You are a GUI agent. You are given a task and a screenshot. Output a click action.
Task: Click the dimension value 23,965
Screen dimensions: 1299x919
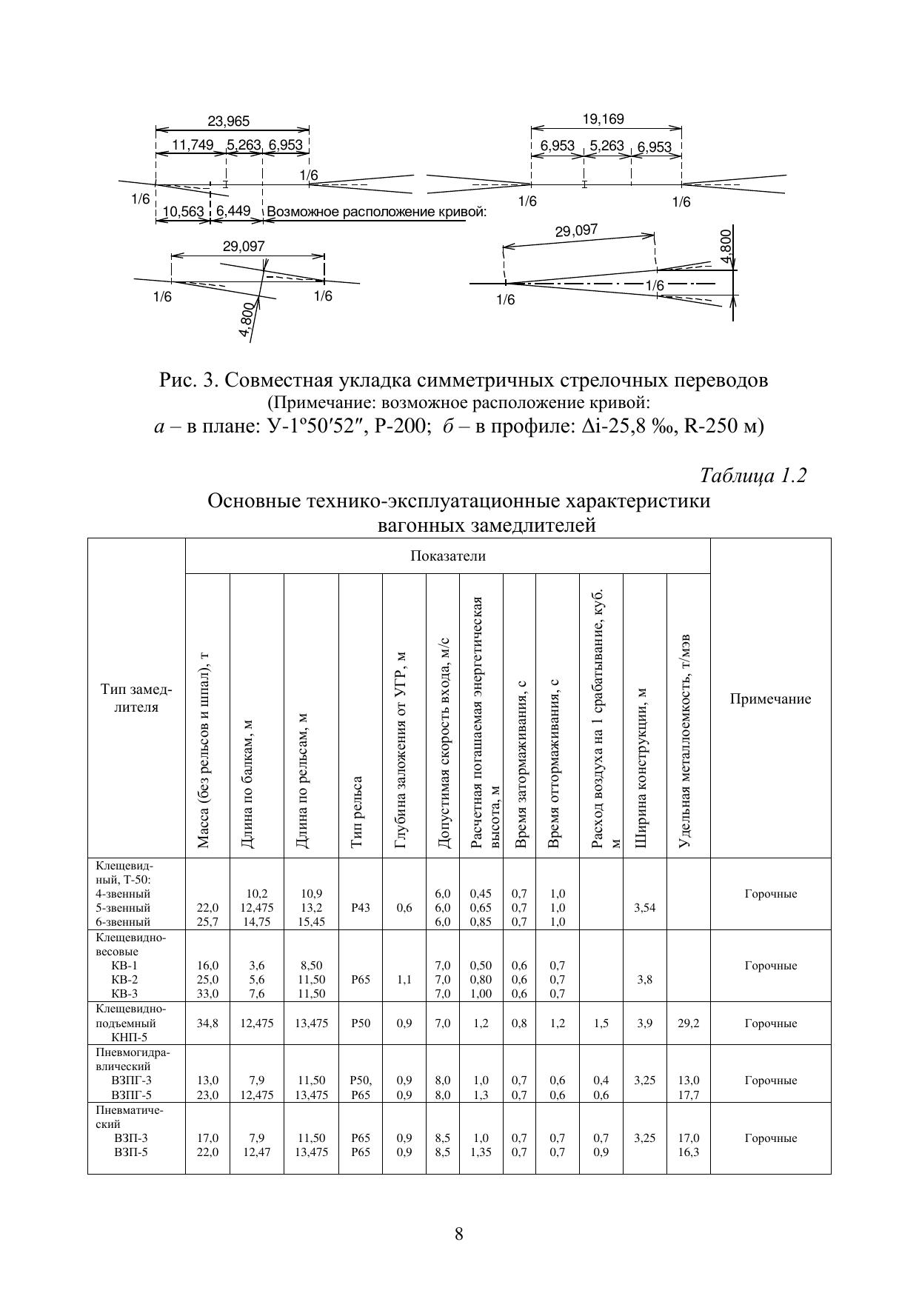point(228,121)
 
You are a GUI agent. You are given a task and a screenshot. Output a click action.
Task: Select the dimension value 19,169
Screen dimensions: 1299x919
point(603,118)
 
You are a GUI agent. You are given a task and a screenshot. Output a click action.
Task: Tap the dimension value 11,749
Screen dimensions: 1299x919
point(193,145)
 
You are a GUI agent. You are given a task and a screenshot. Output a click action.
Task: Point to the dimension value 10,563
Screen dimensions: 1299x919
point(183,212)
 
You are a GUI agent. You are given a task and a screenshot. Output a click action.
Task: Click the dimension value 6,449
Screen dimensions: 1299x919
point(233,211)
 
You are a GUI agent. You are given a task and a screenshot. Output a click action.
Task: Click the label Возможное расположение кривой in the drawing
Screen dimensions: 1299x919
point(376,212)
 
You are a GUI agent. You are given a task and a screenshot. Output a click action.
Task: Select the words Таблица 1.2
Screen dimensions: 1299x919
point(752,475)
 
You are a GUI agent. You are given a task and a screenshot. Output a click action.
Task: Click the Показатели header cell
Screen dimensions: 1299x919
point(448,556)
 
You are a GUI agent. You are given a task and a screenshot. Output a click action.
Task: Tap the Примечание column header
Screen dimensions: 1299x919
point(770,698)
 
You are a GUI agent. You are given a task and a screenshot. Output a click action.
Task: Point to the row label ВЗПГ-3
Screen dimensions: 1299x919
point(131,1081)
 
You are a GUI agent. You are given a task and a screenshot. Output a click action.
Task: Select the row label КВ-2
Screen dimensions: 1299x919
point(124,980)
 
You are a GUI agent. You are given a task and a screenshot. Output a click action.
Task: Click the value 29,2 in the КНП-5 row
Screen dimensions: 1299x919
point(689,1023)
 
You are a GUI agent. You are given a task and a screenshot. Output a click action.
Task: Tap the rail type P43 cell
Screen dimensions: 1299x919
point(361,908)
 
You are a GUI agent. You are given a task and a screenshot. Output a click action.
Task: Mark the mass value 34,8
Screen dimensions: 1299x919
point(208,1023)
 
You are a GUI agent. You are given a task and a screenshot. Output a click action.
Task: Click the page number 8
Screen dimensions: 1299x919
point(459,1234)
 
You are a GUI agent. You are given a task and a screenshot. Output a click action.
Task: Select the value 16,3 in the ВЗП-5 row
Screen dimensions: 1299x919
point(689,1152)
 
